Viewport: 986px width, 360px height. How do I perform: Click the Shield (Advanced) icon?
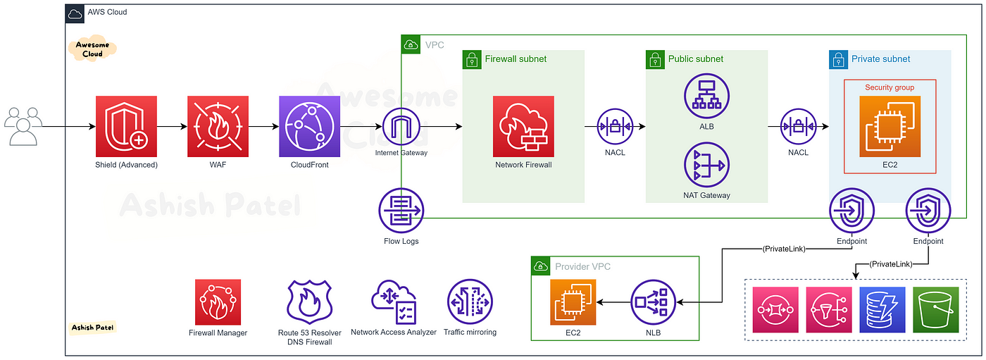126,126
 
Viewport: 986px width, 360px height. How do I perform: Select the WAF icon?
218,126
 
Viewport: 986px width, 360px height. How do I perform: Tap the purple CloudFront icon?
309,126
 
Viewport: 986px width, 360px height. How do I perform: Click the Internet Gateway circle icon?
401,126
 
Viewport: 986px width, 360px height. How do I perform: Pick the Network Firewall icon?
523,126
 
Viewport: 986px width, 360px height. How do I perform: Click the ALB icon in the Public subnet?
706,96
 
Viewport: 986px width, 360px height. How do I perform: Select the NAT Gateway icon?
706,165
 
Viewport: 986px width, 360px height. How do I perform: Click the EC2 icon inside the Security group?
890,126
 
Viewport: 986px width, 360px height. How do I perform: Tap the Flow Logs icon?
401,211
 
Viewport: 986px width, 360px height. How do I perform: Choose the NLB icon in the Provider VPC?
654,302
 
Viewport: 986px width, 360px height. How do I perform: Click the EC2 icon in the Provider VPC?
573,302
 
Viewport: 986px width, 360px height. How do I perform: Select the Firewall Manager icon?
218,302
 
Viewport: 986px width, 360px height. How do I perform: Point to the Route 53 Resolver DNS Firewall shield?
309,302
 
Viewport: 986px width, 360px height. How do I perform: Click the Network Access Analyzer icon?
394,302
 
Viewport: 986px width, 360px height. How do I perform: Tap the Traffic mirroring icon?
470,302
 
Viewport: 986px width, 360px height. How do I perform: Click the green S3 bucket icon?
936,310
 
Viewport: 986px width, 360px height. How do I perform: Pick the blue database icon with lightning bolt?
882,310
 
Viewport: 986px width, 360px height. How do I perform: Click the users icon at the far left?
23,126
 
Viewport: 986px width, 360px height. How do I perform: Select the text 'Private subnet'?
880,59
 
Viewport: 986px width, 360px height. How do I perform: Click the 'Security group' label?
890,87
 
